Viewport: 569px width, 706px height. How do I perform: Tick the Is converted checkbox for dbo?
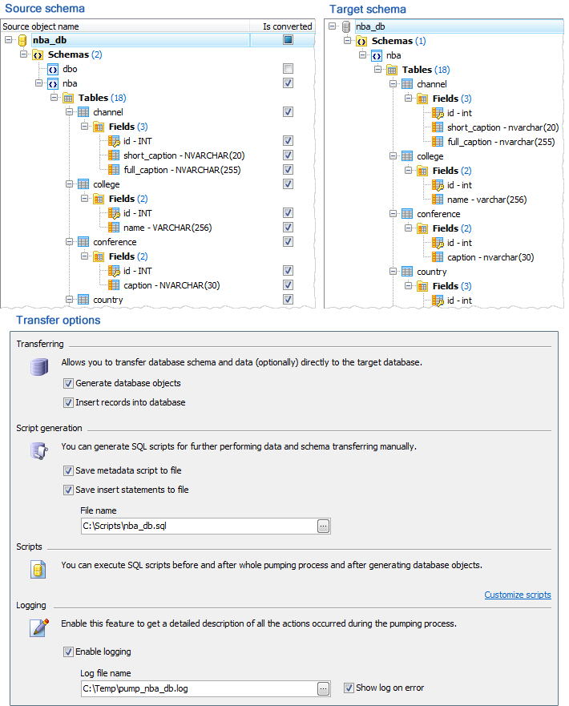288,68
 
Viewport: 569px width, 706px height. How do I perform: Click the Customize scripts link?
517,595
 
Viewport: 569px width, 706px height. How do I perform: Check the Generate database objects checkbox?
68,383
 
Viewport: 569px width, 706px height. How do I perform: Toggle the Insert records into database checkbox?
68,402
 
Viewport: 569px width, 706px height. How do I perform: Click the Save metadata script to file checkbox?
68,470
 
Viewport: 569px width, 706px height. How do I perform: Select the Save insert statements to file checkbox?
68,490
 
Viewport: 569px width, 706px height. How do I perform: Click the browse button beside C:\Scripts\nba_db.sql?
323,526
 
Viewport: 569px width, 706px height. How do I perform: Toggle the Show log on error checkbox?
349,688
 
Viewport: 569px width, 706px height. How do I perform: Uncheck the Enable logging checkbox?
68,652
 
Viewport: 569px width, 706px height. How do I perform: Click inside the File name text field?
199,526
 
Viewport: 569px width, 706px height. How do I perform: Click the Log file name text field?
199,688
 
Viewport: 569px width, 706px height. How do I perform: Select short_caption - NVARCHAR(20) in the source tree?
184,155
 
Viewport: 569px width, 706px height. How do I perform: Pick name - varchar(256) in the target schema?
486,200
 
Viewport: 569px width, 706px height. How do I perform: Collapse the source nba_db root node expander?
8,39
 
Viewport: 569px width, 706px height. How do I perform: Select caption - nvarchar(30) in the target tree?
490,257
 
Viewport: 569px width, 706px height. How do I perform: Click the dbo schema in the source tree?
70,69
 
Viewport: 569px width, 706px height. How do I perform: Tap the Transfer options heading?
58,320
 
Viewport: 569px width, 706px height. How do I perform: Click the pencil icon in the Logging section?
39,627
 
